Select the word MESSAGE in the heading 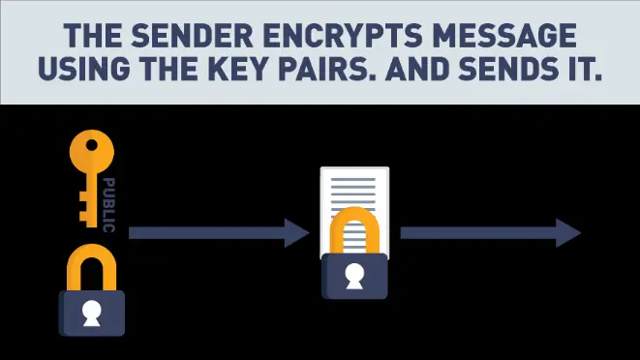tap(501, 38)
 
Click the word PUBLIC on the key tap(108, 205)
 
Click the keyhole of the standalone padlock tap(92, 313)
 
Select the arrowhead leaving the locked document tap(568, 232)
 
